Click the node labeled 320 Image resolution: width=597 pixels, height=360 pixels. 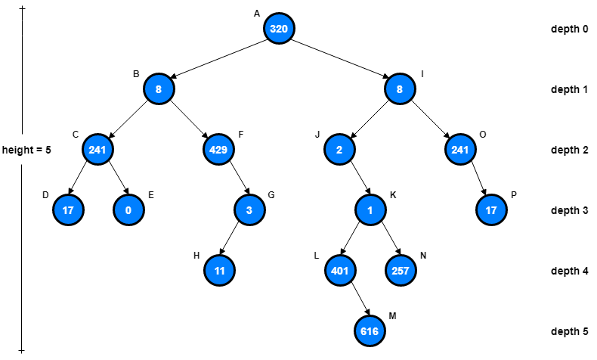click(279, 29)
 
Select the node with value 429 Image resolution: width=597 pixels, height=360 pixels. click(218, 150)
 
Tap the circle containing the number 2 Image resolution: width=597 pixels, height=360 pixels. click(339, 150)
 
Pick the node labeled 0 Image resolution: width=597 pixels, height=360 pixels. click(128, 209)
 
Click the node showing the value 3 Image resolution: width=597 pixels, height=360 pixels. click(249, 209)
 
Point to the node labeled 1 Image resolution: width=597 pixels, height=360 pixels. click(370, 209)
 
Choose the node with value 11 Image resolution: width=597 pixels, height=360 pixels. click(219, 270)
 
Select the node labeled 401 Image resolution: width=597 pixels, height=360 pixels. click(340, 270)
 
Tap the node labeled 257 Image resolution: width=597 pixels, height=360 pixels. click(401, 270)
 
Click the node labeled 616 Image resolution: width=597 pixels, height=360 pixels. click(370, 331)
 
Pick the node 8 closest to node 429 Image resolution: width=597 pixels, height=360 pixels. click(159, 89)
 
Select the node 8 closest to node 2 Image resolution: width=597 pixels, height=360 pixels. click(400, 89)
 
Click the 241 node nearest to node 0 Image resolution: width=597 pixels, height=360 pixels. click(97, 150)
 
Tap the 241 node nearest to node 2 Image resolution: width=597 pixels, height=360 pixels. click(460, 150)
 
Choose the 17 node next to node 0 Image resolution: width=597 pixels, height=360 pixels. click(68, 209)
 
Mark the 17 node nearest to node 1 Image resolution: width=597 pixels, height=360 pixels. click(491, 209)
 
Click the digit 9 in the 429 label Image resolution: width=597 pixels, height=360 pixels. click(224, 150)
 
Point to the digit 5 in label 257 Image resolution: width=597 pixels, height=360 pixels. click(401, 271)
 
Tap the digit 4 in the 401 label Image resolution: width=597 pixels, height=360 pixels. click(335, 271)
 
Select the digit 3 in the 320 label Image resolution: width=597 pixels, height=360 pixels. click(274, 29)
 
